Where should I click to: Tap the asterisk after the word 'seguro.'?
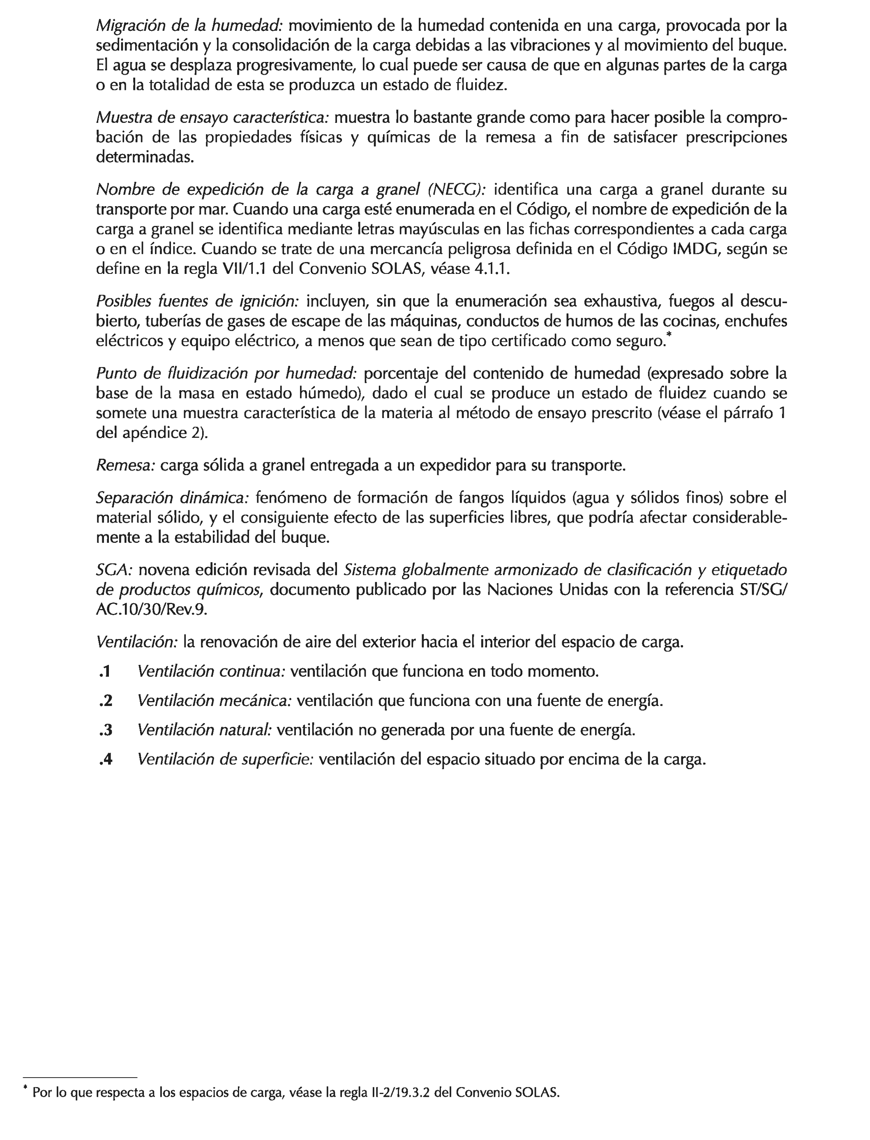pyautogui.click(x=669, y=337)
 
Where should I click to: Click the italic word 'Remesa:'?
pyautogui.click(x=126, y=466)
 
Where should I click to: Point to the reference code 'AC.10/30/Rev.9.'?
pyautogui.click(x=152, y=609)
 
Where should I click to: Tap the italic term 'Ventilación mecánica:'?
pyautogui.click(x=215, y=701)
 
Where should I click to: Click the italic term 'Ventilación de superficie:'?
pyautogui.click(x=225, y=759)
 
